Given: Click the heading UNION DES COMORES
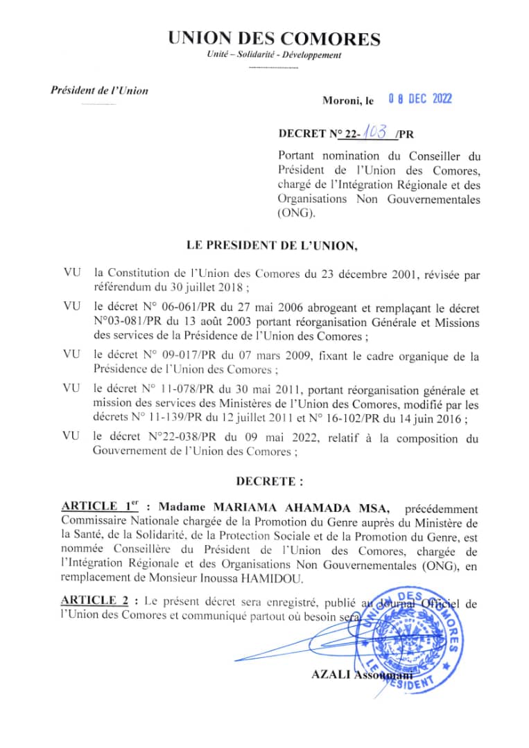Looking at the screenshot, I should tap(274, 39).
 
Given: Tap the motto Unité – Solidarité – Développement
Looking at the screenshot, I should tap(274, 55).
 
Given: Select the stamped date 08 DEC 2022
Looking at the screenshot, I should tap(419, 99).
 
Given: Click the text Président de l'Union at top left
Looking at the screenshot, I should tap(99, 90).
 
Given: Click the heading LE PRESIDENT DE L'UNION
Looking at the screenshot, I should tap(272, 244).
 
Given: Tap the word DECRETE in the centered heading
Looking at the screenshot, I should tap(266, 481).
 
